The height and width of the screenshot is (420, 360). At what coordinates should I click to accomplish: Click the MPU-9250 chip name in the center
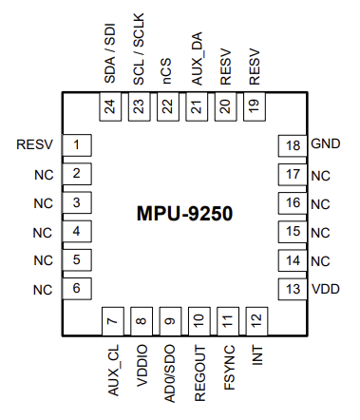[183, 214]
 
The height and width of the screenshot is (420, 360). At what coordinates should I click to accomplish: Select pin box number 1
[76, 145]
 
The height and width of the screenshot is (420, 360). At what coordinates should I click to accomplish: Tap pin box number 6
[76, 289]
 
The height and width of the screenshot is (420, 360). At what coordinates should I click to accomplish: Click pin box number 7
[112, 321]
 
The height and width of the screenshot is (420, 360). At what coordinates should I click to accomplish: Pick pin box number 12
[255, 321]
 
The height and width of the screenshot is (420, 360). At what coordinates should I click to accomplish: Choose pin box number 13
[293, 289]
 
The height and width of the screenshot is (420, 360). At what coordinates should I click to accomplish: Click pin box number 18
[293, 145]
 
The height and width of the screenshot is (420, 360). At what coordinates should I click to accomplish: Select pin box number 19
[255, 107]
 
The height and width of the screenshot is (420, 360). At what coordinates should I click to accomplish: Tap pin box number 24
[112, 107]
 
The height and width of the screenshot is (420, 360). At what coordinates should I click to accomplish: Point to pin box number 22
[169, 107]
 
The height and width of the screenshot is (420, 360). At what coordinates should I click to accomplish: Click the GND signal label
[325, 145]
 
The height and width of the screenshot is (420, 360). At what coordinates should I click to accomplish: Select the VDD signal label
[325, 289]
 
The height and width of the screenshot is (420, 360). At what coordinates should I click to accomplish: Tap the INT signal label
[256, 357]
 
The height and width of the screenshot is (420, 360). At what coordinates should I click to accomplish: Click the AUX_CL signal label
[113, 371]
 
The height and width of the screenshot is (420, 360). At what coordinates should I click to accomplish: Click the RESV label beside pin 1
[35, 145]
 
